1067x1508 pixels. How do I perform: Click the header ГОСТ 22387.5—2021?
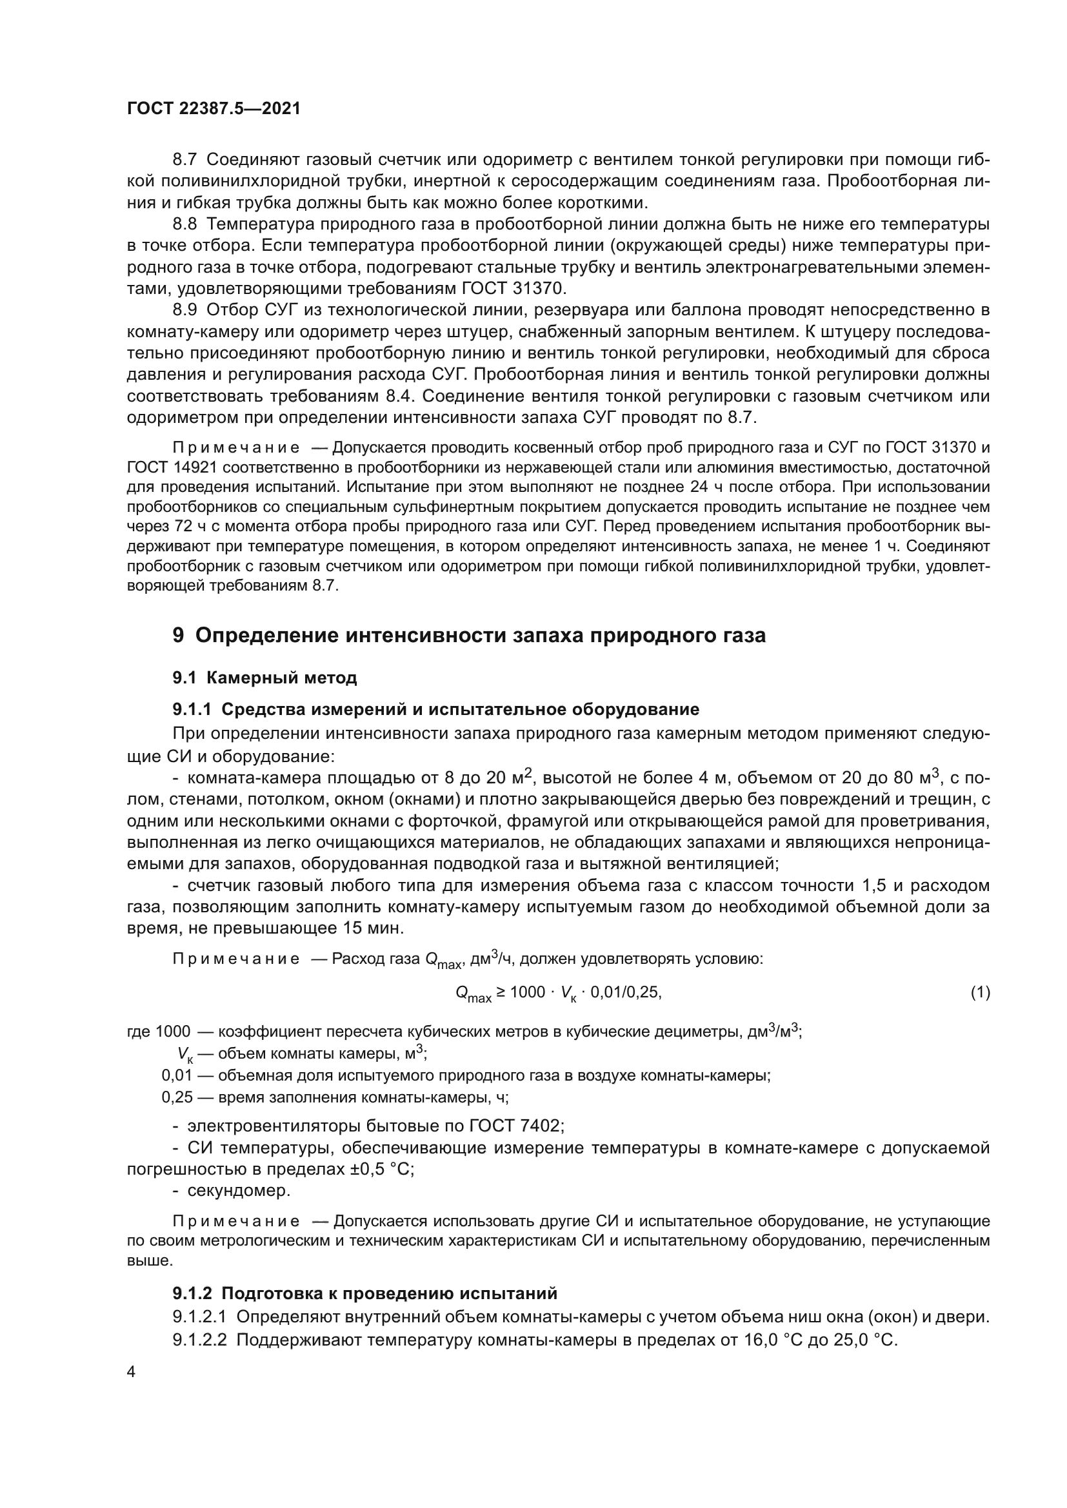(214, 109)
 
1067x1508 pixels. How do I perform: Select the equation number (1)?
(980, 992)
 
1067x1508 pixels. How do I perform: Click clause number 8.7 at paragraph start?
(184, 160)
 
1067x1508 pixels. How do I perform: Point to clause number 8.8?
(184, 224)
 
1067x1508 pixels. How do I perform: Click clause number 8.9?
(184, 309)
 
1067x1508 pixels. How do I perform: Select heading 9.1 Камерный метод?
(264, 678)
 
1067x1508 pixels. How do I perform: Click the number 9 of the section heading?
(178, 636)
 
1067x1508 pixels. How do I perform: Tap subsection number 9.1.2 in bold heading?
(192, 1293)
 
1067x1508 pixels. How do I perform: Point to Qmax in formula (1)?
(473, 994)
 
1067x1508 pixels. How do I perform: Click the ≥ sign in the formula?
(501, 992)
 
